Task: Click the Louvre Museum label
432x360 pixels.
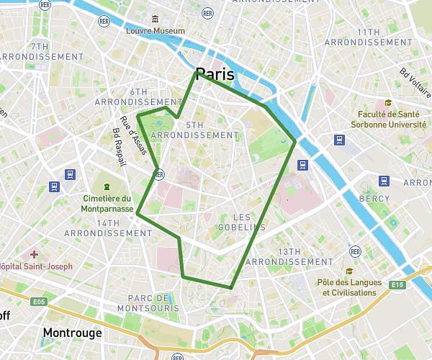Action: tap(155, 31)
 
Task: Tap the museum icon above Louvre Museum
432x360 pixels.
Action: tap(155, 19)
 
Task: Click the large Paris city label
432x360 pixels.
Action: tap(215, 74)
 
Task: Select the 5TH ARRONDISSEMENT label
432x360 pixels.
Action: tap(195, 130)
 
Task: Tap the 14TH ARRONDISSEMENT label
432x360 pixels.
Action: tap(108, 228)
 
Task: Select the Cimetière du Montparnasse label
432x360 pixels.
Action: tap(107, 204)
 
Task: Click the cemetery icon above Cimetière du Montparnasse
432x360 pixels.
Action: tap(107, 187)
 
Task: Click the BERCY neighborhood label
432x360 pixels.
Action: tap(374, 199)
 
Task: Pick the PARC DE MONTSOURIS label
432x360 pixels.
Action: tap(153, 303)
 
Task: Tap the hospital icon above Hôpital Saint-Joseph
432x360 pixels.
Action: tap(34, 254)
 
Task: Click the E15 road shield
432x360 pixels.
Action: tap(397, 285)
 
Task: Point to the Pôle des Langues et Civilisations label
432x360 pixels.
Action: tap(349, 287)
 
